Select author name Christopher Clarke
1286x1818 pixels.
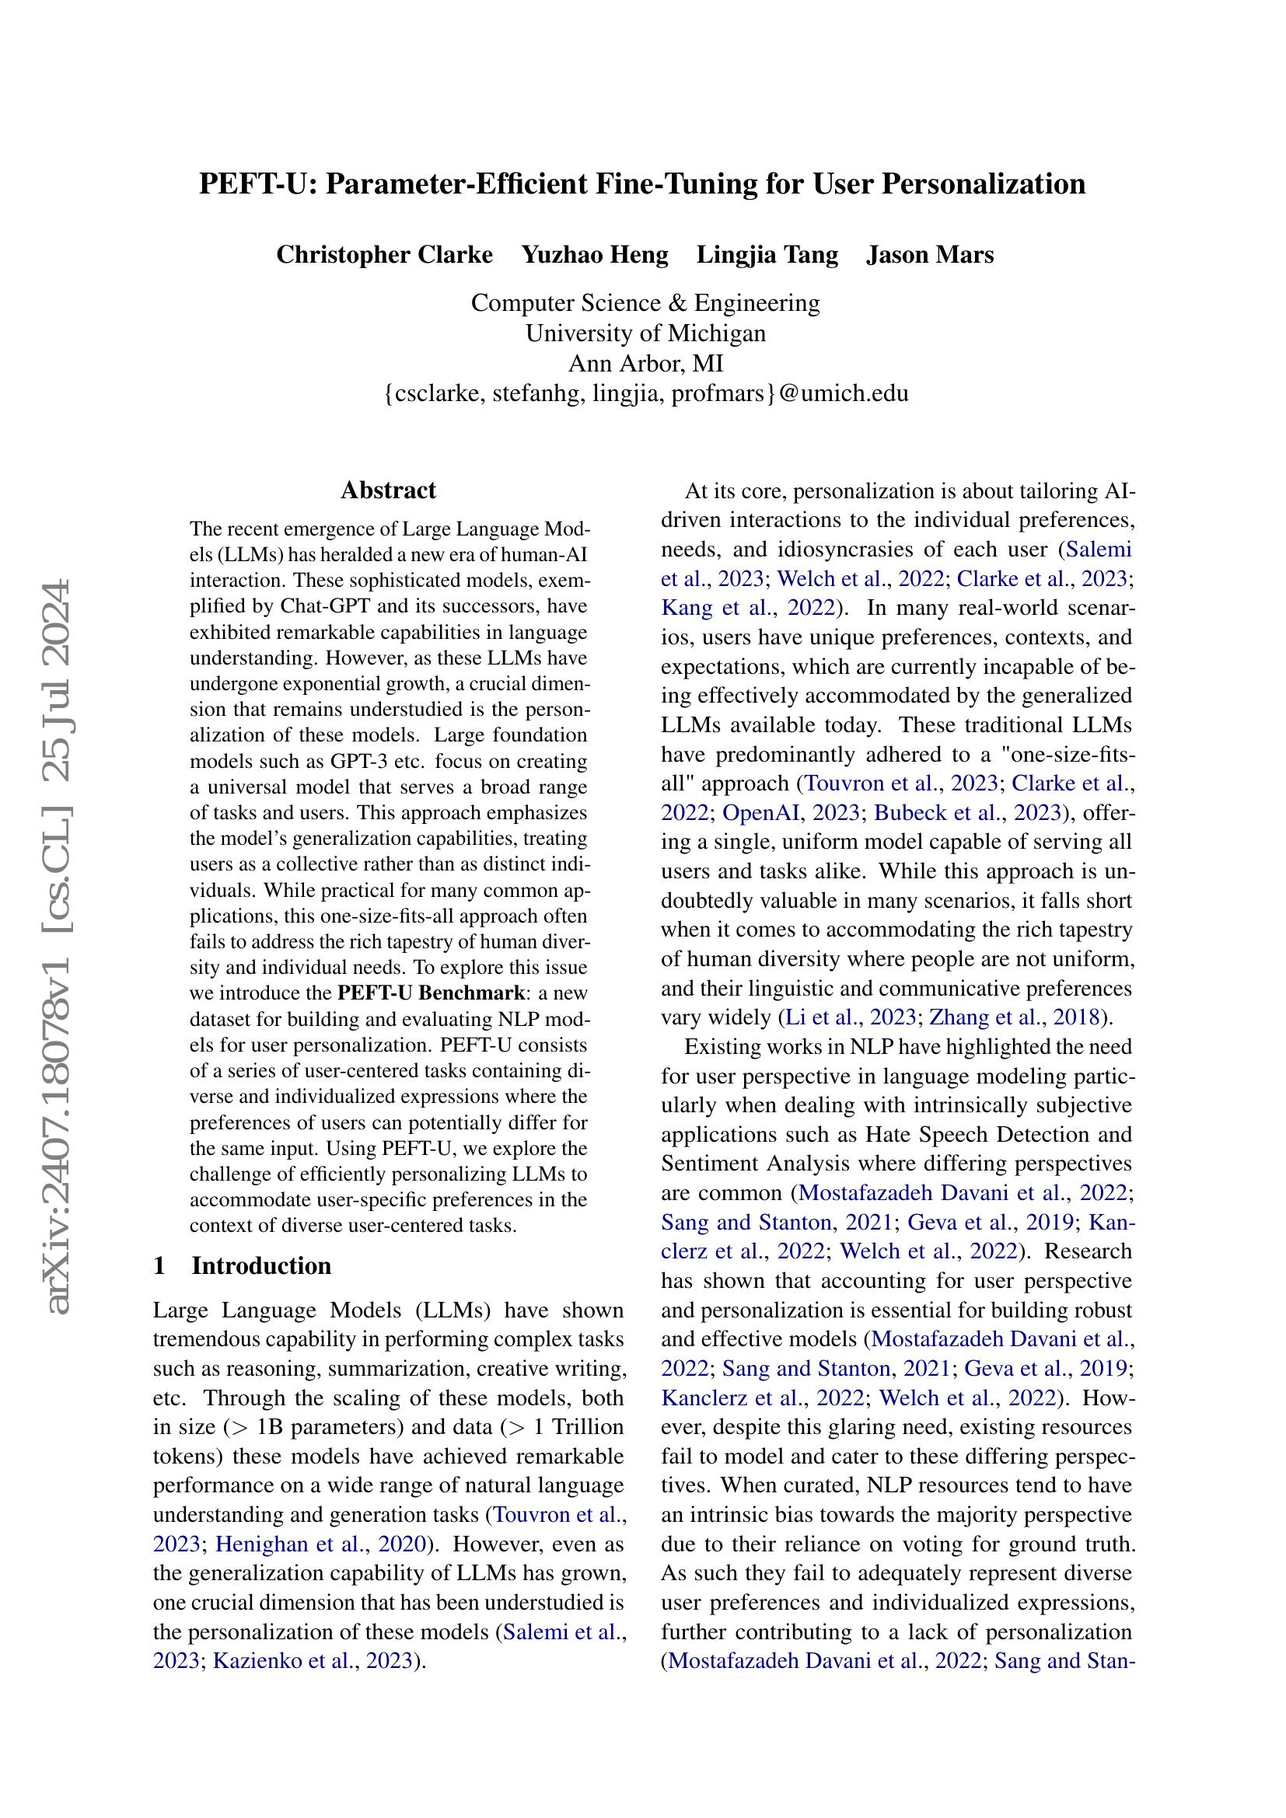pyautogui.click(x=384, y=255)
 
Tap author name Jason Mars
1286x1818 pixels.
pyautogui.click(x=930, y=255)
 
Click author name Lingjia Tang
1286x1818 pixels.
pyautogui.click(x=767, y=255)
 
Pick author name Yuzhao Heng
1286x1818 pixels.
pyautogui.click(x=595, y=255)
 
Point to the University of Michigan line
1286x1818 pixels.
pyautogui.click(x=645, y=333)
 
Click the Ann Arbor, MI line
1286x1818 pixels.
pyautogui.click(x=645, y=363)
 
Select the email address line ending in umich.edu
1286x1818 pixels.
pyautogui.click(x=645, y=393)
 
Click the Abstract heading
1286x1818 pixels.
pyautogui.click(x=388, y=490)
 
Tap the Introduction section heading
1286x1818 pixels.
pyautogui.click(x=261, y=1265)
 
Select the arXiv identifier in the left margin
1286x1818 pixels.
pyautogui.click(x=59, y=950)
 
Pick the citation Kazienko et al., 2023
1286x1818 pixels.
pyautogui.click(x=313, y=1661)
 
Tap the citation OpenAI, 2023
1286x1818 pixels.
pyautogui.click(x=790, y=812)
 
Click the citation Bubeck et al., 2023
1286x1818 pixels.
pyautogui.click(x=967, y=812)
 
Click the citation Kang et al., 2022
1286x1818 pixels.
pyautogui.click(x=747, y=607)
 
